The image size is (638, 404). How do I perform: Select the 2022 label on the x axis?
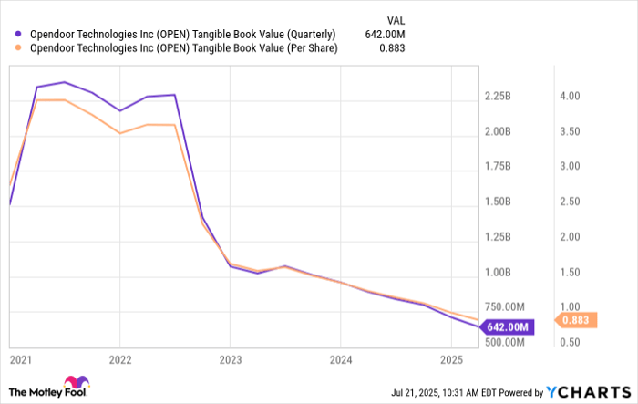[120, 358]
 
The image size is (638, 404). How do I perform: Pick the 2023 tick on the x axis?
[231, 358]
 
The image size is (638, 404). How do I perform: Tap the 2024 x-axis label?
[340, 358]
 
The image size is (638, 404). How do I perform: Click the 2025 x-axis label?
[450, 358]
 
